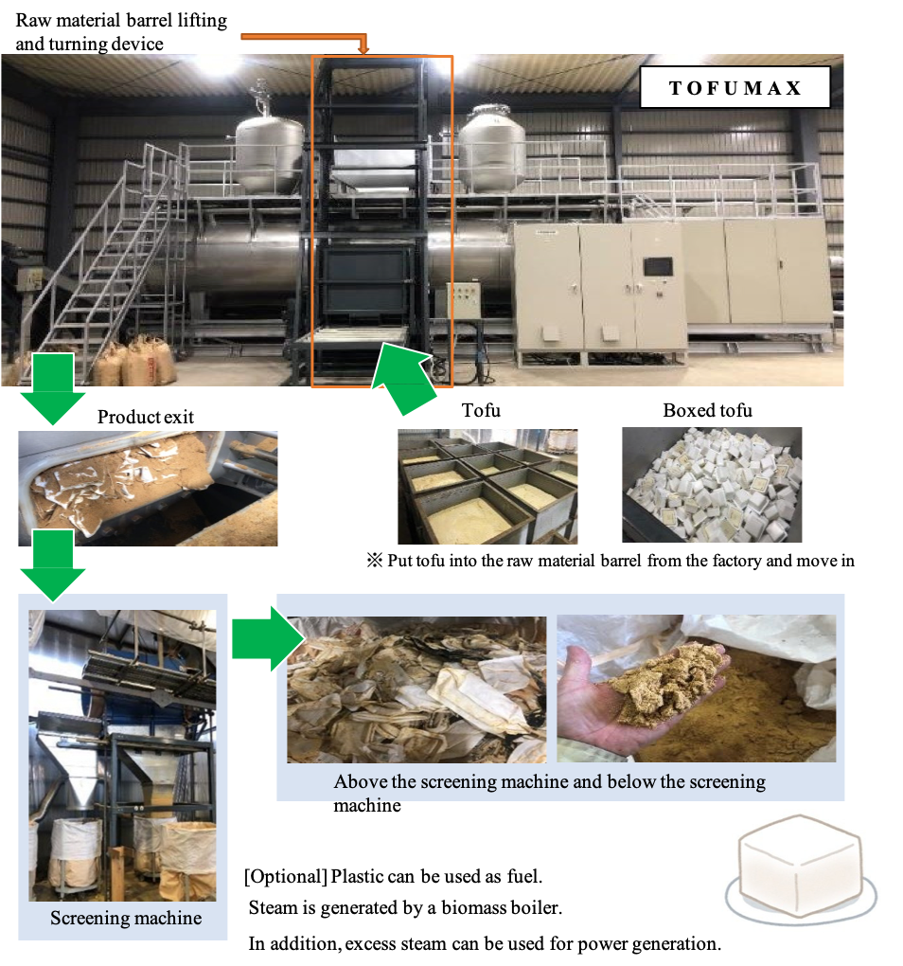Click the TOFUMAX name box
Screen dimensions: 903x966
735,87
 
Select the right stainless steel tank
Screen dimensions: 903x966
492,148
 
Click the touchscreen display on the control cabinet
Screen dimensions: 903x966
658,267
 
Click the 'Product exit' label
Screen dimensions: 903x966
145,417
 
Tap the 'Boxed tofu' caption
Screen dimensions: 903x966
707,410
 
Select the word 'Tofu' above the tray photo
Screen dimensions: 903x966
481,410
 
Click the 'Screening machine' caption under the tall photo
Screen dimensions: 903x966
126,918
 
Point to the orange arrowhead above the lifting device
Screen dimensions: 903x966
363,47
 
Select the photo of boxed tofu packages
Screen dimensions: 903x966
712,485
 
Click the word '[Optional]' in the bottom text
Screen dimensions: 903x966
286,876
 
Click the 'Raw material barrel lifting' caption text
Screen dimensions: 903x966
121,20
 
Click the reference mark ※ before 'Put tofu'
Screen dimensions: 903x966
374,561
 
